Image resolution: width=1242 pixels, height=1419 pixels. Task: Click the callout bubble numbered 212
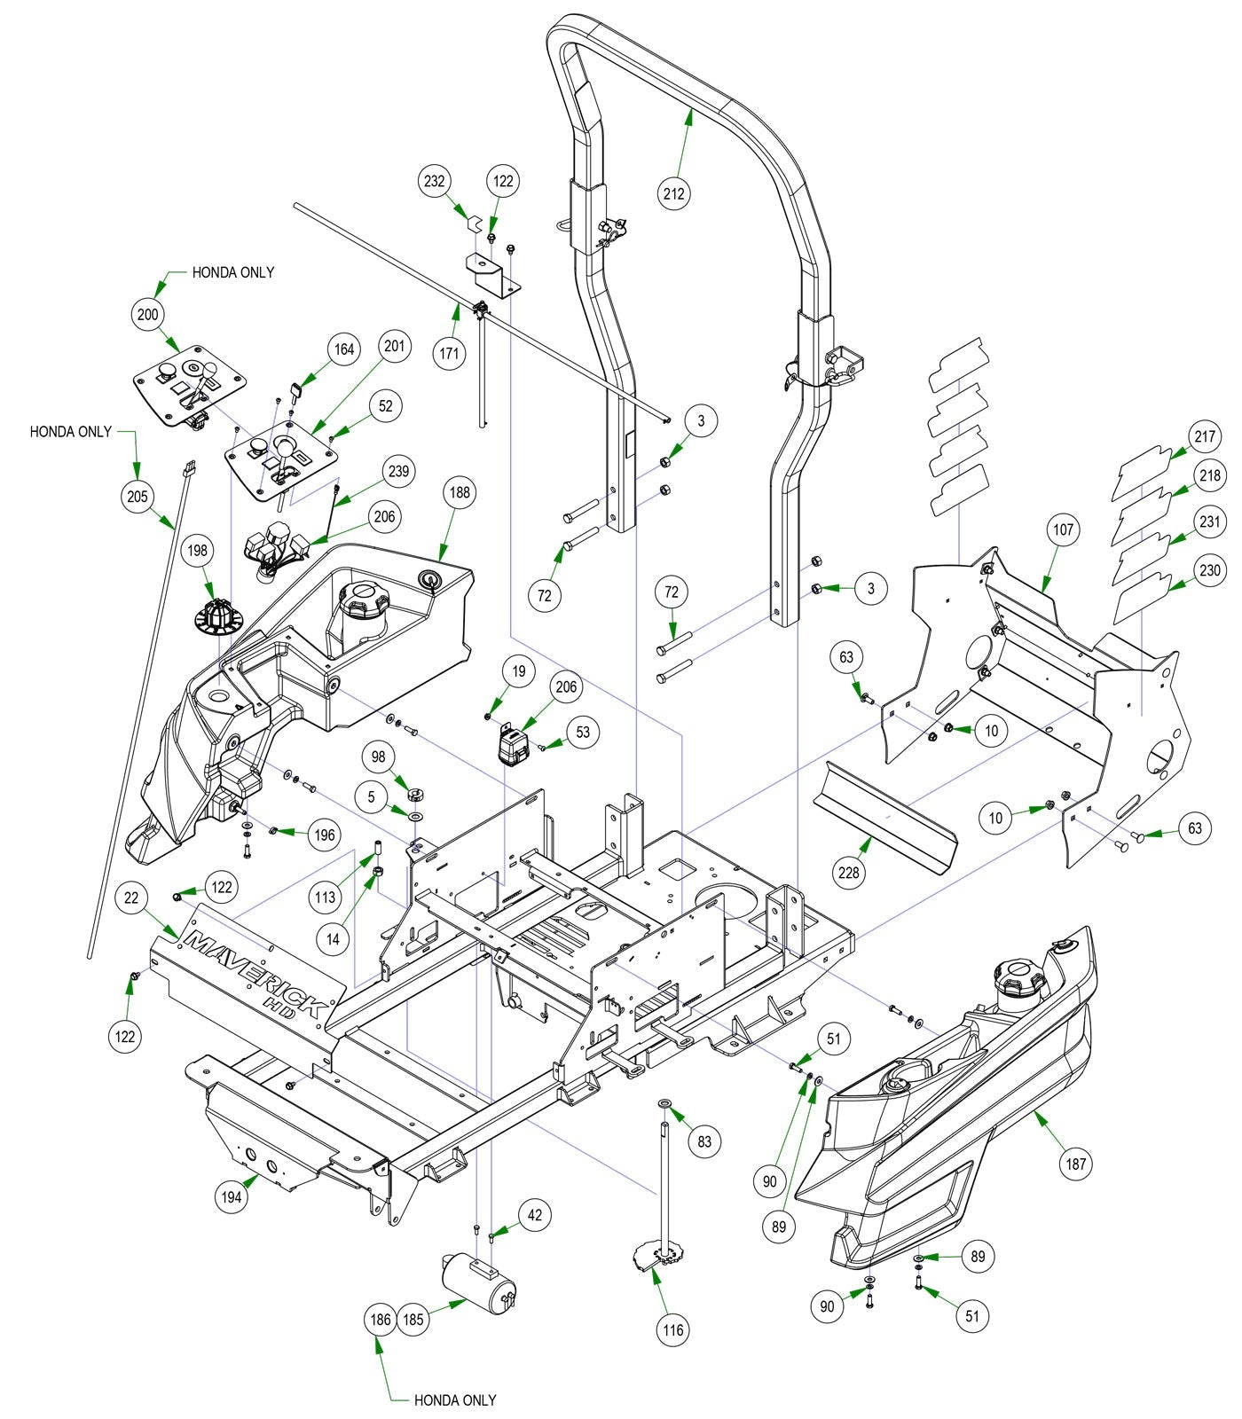coord(674,192)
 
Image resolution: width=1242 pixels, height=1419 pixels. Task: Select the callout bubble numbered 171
coord(451,354)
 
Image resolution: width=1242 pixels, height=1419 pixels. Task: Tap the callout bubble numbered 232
coord(435,181)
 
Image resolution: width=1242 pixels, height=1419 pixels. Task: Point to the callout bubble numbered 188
coord(460,492)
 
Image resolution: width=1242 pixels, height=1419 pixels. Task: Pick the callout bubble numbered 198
coord(197,551)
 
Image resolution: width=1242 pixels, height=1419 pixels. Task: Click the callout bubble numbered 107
coord(1063,529)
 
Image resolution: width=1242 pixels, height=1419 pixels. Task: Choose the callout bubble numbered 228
coord(849,873)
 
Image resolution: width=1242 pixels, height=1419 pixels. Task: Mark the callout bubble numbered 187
coord(1076,1164)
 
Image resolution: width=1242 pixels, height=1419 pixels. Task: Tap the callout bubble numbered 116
coord(673,1329)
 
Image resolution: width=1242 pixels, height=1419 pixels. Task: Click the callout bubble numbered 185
coord(413,1320)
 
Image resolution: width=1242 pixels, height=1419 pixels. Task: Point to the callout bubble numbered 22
coord(131,898)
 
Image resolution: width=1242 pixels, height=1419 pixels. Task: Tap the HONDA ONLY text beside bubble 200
coord(233,272)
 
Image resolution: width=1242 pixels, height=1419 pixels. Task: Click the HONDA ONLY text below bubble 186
coord(455,1400)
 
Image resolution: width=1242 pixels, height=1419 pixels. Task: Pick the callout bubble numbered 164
coord(344,349)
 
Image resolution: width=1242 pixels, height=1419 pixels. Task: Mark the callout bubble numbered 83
coord(704,1141)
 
